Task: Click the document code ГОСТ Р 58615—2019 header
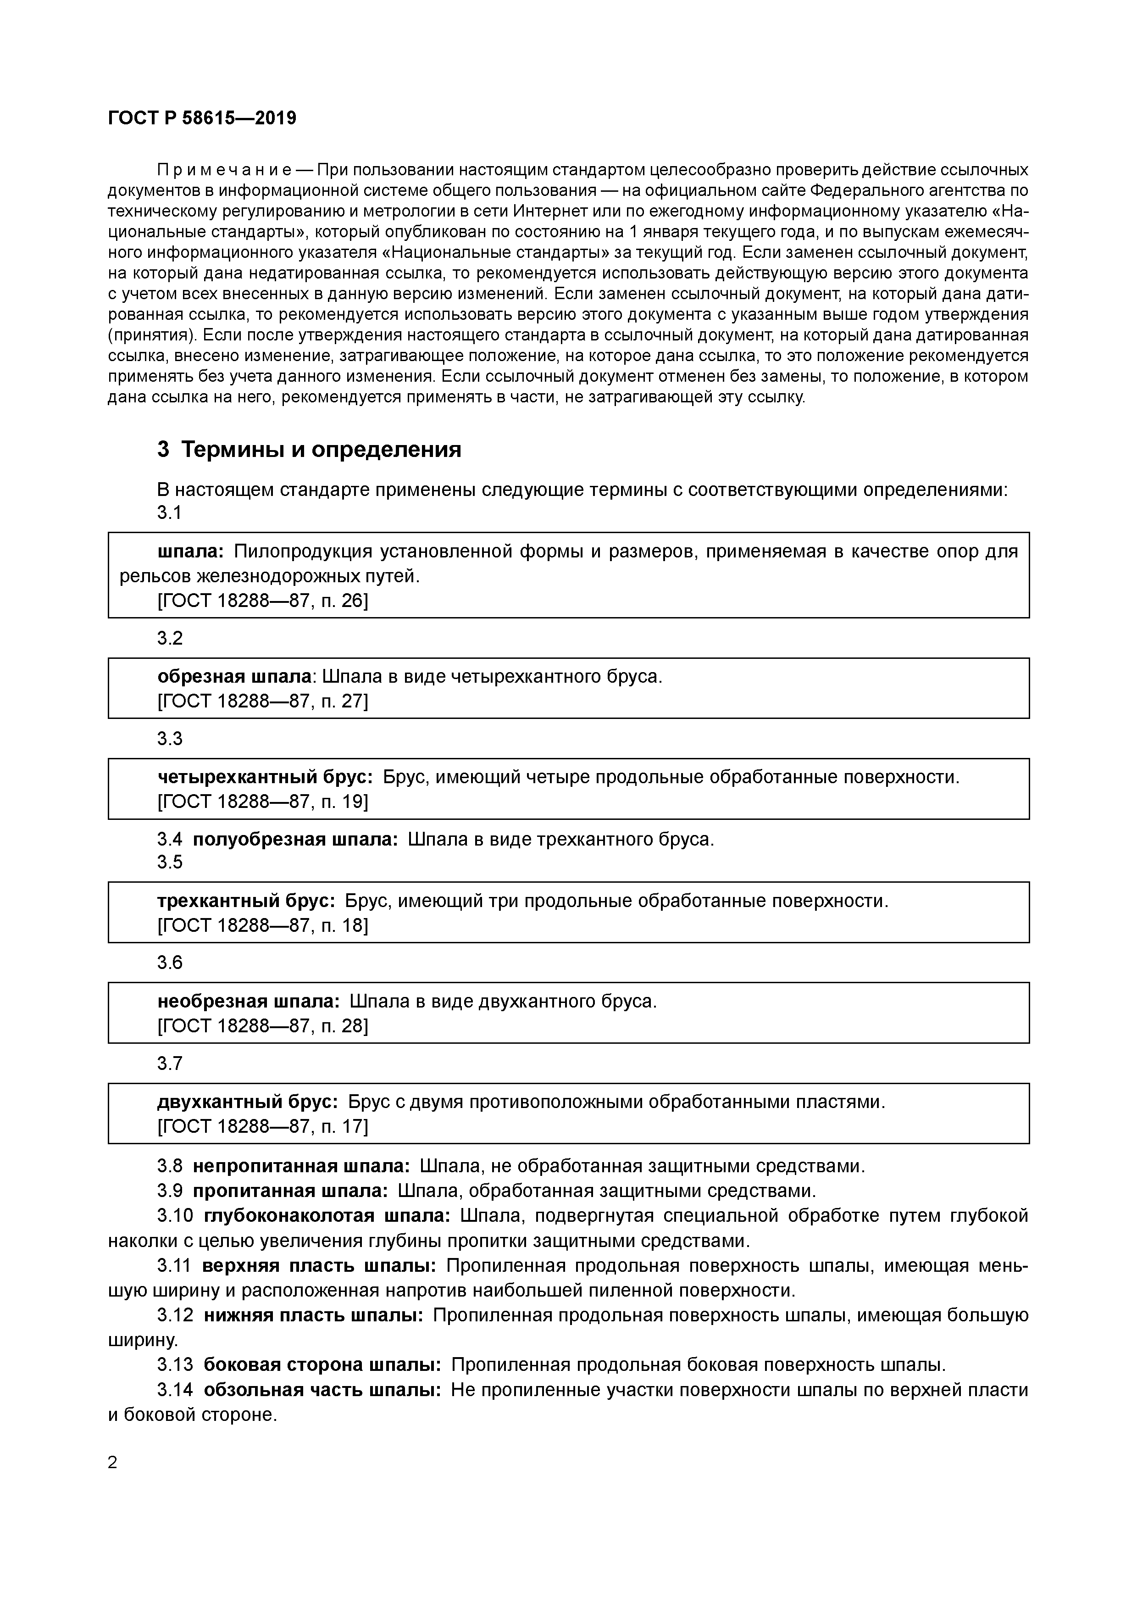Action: [x=202, y=118]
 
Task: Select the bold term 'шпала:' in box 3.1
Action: [x=190, y=551]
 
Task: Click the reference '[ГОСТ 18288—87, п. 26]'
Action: [x=263, y=601]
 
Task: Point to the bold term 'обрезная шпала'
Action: [x=234, y=676]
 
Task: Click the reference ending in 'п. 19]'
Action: [x=263, y=801]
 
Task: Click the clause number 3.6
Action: [x=170, y=963]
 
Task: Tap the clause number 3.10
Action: [x=175, y=1215]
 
